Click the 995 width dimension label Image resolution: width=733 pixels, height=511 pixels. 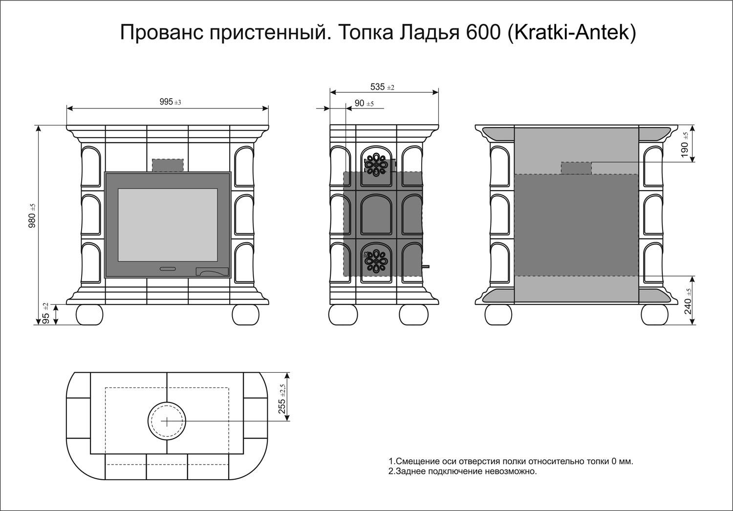click(170, 102)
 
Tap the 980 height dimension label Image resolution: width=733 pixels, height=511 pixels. click(32, 215)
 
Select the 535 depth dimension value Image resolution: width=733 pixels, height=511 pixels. click(382, 87)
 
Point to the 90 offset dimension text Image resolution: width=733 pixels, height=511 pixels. click(364, 104)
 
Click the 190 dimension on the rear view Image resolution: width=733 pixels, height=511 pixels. click(685, 145)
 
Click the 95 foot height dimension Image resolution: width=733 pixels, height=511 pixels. click(46, 314)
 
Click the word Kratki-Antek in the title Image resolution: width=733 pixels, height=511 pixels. click(572, 32)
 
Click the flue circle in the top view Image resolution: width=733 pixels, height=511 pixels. click(167, 422)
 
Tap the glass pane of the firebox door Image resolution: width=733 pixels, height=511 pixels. click(168, 225)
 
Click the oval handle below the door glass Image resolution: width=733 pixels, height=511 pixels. click(168, 269)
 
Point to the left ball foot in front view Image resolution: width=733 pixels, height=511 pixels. click(89, 315)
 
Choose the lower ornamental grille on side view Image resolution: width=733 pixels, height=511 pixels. click(376, 261)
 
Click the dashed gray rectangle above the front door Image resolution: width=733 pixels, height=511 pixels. click(168, 165)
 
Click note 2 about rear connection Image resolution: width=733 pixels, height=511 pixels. click(462, 471)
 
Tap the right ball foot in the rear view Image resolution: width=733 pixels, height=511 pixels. click(654, 315)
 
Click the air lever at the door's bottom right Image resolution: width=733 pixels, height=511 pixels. click(212, 271)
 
